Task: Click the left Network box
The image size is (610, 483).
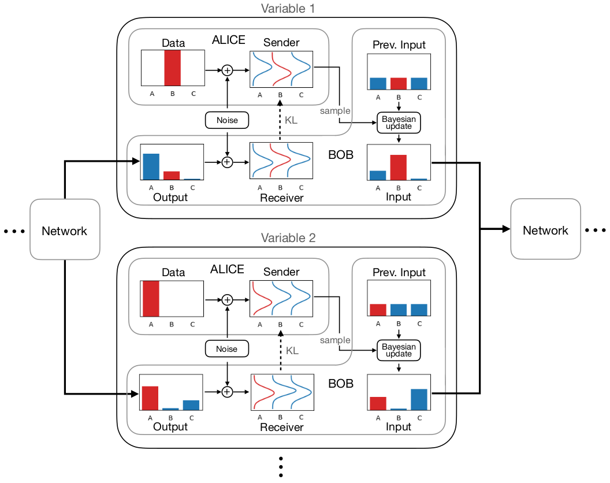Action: pyautogui.click(x=64, y=231)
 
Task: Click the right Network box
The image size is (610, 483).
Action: pyautogui.click(x=545, y=231)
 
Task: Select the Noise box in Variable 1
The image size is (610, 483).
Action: pyautogui.click(x=227, y=120)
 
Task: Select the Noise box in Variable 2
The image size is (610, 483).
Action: pyautogui.click(x=227, y=348)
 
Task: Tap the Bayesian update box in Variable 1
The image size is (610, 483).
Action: pyautogui.click(x=399, y=122)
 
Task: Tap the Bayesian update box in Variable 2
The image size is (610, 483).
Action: pyautogui.click(x=399, y=350)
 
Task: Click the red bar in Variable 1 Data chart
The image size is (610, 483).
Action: pyautogui.click(x=172, y=68)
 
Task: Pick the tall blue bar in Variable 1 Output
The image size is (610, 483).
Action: pyautogui.click(x=151, y=166)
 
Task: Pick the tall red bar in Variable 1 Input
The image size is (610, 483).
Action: pyautogui.click(x=399, y=168)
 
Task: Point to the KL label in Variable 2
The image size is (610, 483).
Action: pyautogui.click(x=292, y=351)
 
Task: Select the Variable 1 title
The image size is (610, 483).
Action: pyautogui.click(x=288, y=9)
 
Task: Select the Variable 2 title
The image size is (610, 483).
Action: pyautogui.click(x=288, y=237)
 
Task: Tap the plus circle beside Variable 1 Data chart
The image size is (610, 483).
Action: pyautogui.click(x=227, y=70)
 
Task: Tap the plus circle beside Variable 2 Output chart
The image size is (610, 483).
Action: pyautogui.click(x=227, y=392)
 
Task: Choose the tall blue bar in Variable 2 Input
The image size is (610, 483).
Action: pyautogui.click(x=419, y=399)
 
